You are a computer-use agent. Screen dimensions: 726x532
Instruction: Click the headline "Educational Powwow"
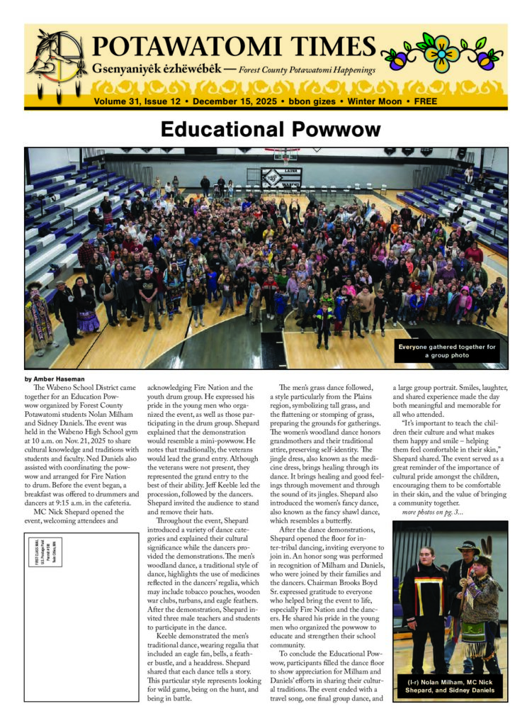click(x=270, y=130)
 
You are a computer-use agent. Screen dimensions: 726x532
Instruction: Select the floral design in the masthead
click(x=441, y=52)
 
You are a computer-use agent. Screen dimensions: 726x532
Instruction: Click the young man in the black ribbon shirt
click(x=424, y=603)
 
